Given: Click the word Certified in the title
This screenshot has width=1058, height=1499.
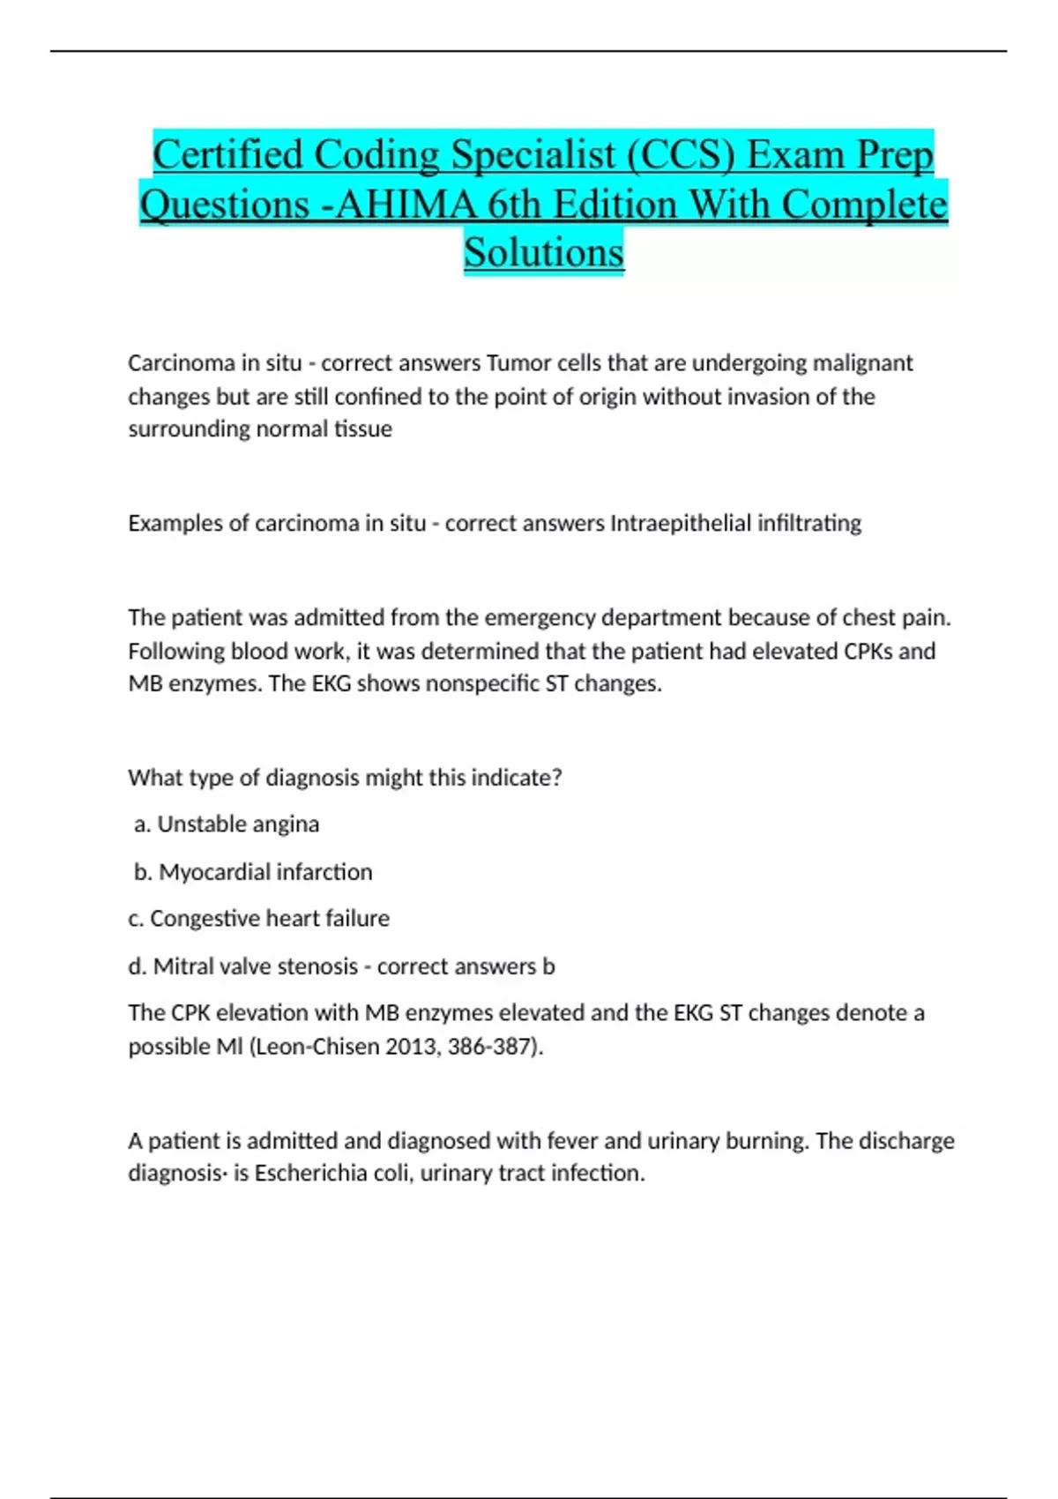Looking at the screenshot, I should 227,155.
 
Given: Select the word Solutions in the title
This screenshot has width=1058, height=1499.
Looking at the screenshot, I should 544,253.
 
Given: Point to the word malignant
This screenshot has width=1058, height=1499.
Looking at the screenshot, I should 862,363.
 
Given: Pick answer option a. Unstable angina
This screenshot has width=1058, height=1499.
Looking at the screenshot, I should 227,824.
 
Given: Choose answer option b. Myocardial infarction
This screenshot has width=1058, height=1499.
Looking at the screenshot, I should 254,872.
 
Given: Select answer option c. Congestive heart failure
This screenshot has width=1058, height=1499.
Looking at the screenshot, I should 259,919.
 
